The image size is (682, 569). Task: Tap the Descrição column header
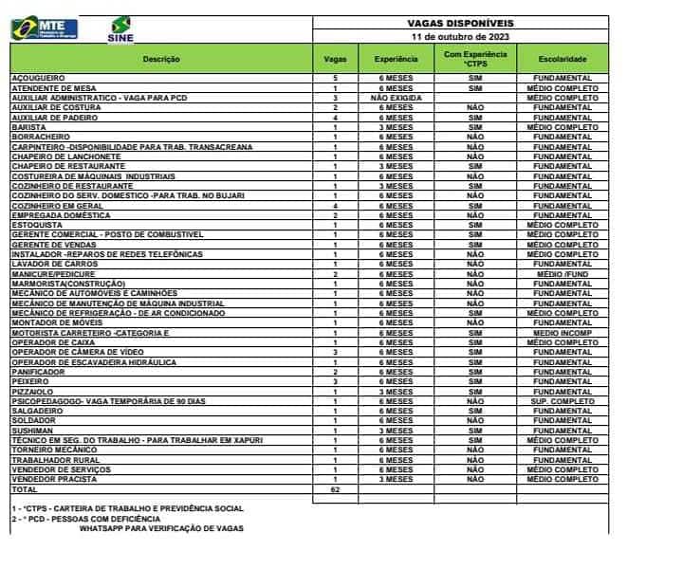pos(160,59)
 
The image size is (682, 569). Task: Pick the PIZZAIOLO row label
pos(32,392)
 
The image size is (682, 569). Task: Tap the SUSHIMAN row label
pos(33,431)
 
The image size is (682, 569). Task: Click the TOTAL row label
pos(24,489)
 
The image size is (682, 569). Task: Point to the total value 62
pos(335,489)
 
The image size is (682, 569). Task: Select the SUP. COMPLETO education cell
pos(562,401)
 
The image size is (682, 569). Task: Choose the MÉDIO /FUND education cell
pos(562,274)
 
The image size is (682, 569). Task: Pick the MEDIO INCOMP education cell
pos(562,333)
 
